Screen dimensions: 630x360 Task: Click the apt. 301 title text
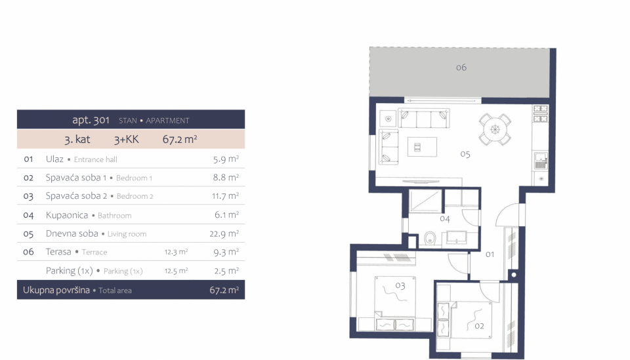[x=91, y=120]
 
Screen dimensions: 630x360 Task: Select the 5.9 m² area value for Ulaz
[x=226, y=159]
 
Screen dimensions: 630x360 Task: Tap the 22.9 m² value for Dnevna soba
[x=224, y=233]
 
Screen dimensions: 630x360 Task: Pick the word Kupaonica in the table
[x=67, y=215]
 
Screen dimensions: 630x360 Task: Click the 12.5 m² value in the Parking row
[x=176, y=271]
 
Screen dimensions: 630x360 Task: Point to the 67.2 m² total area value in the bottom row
[x=224, y=290]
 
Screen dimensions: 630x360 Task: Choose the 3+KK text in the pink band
[x=126, y=139]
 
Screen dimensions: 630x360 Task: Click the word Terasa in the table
[x=58, y=252]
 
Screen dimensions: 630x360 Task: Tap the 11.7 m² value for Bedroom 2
[x=225, y=196]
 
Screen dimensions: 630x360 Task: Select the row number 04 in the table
[x=28, y=215]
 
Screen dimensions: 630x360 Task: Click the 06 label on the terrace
[x=461, y=68]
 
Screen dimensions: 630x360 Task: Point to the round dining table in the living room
[x=495, y=129]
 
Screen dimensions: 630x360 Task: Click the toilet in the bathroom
[x=429, y=238]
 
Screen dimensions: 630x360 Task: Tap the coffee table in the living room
[x=422, y=147]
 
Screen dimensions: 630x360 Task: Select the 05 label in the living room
[x=465, y=154]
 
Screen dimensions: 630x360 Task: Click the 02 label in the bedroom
[x=479, y=326]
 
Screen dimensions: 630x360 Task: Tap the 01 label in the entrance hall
[x=490, y=254]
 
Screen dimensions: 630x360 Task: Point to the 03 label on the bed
[x=400, y=285]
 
